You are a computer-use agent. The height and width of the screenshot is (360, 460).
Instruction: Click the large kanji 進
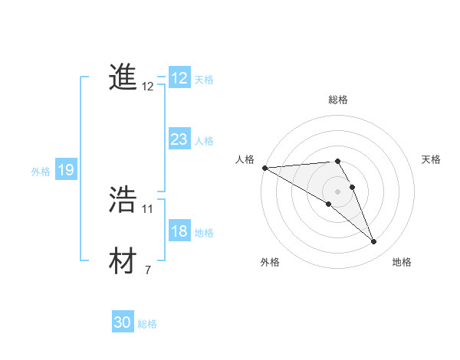point(123,78)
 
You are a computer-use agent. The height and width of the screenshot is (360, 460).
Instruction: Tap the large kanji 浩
point(123,200)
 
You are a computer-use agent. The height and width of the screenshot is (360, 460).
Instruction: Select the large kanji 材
point(123,261)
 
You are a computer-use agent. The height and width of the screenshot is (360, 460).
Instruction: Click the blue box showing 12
point(179,78)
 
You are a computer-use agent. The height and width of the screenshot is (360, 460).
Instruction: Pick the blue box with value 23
point(179,139)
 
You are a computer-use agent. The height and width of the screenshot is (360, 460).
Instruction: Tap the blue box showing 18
point(179,231)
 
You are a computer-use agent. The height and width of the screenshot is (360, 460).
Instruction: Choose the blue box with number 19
point(66,170)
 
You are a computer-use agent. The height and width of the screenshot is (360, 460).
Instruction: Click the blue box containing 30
point(123,322)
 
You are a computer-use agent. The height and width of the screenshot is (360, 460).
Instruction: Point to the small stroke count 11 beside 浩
point(148,208)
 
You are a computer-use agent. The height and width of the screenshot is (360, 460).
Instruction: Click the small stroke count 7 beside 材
point(148,270)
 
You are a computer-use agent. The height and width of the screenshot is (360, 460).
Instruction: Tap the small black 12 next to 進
point(148,87)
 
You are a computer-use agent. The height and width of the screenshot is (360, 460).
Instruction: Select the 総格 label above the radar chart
point(338,100)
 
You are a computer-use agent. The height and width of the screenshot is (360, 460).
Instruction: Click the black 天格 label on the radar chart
point(431,159)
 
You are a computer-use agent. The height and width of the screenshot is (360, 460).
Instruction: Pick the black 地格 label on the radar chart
point(402,262)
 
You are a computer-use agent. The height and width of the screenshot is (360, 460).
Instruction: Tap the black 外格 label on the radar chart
point(269,262)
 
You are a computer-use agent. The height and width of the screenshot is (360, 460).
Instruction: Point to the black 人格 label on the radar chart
point(245,159)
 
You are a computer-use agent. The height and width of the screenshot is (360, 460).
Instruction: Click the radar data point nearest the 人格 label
point(264,167)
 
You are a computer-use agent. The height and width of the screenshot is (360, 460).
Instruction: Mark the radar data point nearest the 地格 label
point(374,242)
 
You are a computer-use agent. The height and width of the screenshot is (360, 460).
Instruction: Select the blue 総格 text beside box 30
point(147,324)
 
